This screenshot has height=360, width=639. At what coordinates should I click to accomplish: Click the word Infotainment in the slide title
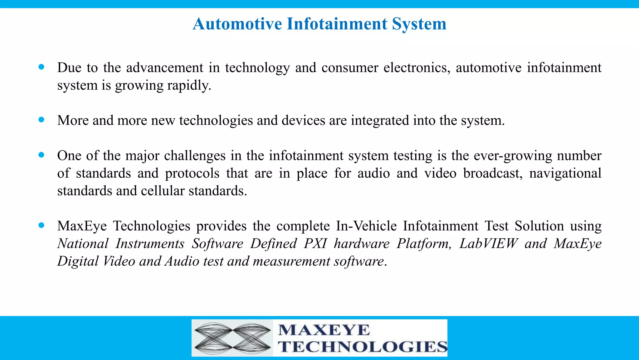pos(337,24)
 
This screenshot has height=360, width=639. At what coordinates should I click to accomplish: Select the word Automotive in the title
pos(237,24)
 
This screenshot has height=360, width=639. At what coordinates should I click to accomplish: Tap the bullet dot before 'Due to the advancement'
pos(41,67)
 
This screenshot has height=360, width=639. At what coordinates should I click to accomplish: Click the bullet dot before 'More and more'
pos(41,119)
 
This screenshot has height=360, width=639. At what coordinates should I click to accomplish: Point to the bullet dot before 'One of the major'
pos(41,155)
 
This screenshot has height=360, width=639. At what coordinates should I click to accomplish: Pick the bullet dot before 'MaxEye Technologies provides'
pos(41,225)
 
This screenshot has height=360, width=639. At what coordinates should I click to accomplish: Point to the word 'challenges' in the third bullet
pos(195,156)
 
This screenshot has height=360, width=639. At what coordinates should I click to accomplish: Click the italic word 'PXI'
pos(315,244)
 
